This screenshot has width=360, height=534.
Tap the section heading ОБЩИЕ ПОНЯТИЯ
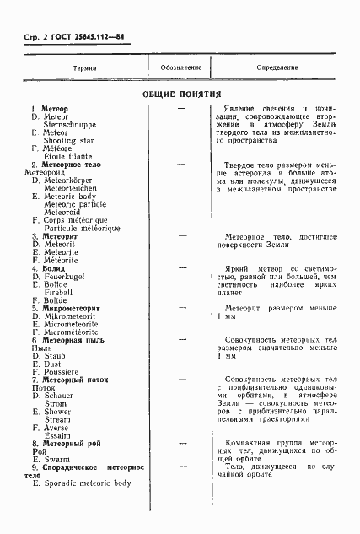point(181,94)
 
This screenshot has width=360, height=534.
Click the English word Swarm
point(57,460)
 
